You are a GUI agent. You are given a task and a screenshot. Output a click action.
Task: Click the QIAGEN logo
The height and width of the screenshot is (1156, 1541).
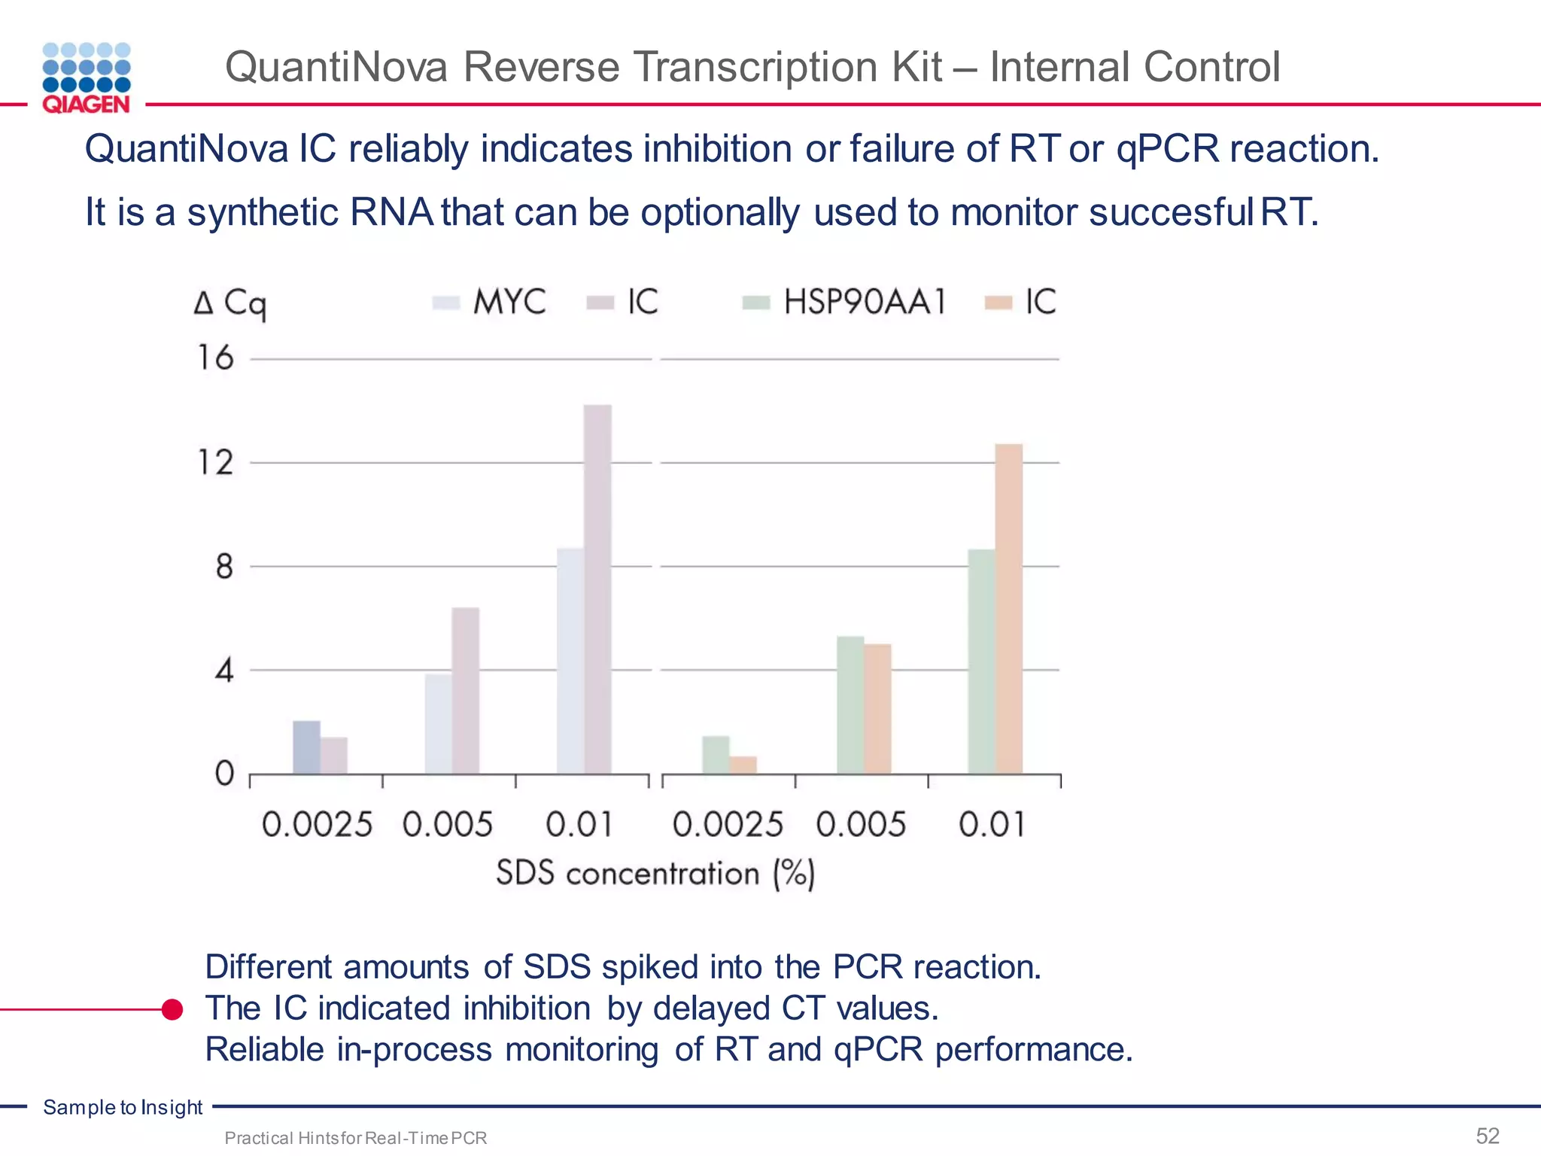coord(87,78)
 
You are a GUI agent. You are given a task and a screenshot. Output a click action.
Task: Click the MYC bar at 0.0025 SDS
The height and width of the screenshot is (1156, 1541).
coord(306,747)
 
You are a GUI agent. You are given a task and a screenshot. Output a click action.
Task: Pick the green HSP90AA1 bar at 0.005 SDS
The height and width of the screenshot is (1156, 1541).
coord(850,704)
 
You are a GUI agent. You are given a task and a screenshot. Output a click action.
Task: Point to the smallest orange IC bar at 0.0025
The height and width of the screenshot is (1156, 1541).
coord(743,765)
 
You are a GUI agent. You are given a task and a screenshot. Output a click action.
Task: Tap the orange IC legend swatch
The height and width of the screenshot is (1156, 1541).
coord(999,303)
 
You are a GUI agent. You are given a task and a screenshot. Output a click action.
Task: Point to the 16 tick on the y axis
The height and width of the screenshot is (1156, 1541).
coord(216,358)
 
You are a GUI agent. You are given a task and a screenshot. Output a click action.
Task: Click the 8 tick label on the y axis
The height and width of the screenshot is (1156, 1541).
coord(224,567)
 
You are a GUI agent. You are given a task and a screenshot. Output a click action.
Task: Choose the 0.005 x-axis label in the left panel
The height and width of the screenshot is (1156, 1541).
coord(448,825)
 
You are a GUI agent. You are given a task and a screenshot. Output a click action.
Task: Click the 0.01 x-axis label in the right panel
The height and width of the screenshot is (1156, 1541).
coord(992,825)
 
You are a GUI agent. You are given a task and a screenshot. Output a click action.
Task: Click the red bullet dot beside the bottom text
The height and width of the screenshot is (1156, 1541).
coord(172,1009)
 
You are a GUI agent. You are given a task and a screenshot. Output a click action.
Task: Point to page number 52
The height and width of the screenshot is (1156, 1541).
coord(1488,1136)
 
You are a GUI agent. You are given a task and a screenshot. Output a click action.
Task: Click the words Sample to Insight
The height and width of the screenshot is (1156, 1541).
coord(123,1107)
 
